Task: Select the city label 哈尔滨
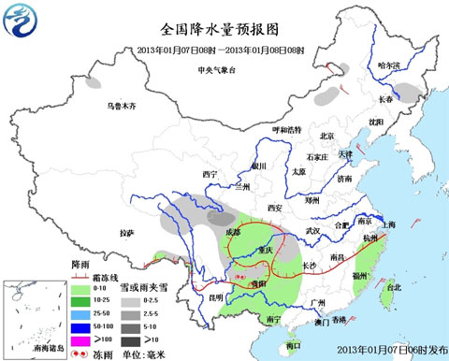[387, 65]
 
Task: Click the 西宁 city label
[210, 175]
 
